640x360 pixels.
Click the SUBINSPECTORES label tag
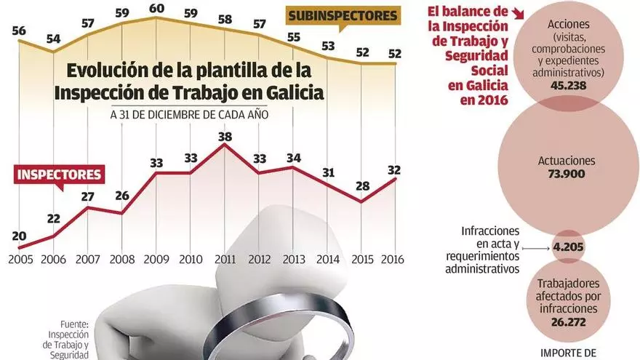[x=343, y=15]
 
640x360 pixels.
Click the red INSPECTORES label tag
[x=59, y=175]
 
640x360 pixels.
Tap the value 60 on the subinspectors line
[x=156, y=9]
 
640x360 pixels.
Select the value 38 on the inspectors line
[x=225, y=136]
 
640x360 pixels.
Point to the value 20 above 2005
[x=19, y=236]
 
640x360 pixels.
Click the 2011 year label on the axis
[x=225, y=260]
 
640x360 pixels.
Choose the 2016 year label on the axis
[x=393, y=260]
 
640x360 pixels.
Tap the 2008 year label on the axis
[x=121, y=260]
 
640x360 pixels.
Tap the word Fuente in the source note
[x=74, y=324]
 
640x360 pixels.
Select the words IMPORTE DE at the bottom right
[x=569, y=353]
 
